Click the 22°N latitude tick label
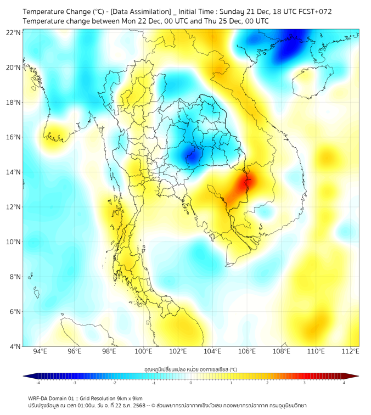click(x=14, y=32)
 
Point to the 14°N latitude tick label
click(x=14, y=172)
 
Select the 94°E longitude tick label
click(x=40, y=351)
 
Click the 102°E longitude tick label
click(x=178, y=351)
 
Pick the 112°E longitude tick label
click(x=350, y=351)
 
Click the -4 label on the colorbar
click(x=38, y=383)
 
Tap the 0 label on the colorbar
click(x=191, y=383)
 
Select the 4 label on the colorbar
click(x=344, y=383)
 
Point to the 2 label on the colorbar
click(x=267, y=383)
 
